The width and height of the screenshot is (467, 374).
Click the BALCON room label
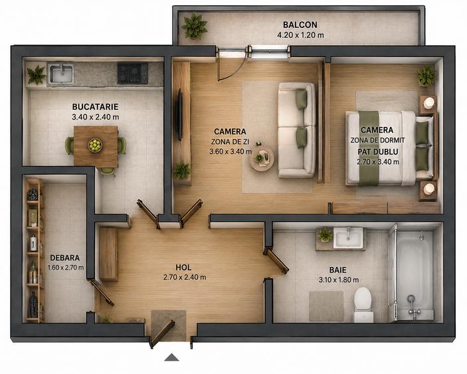click(300, 25)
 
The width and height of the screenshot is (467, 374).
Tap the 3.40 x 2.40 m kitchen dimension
click(95, 117)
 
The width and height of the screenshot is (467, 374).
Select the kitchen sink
click(61, 73)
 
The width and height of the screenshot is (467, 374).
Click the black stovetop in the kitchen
click(133, 73)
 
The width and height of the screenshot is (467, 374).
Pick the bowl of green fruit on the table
click(95, 145)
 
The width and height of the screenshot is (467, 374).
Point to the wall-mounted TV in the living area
click(179, 115)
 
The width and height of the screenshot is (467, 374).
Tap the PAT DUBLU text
click(378, 152)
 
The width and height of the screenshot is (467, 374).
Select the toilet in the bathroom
click(363, 304)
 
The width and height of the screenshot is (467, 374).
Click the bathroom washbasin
click(348, 237)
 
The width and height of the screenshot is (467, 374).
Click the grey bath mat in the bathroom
click(326, 306)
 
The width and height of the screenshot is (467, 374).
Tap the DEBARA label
click(64, 258)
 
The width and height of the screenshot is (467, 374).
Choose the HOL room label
click(183, 268)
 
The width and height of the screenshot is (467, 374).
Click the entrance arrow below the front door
click(172, 357)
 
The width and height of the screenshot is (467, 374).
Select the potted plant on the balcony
click(194, 26)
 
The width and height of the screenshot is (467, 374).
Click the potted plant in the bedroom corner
click(426, 76)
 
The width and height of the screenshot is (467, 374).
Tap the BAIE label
click(337, 270)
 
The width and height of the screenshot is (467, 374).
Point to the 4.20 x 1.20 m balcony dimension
click(300, 35)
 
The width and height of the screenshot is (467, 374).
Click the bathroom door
click(276, 261)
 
